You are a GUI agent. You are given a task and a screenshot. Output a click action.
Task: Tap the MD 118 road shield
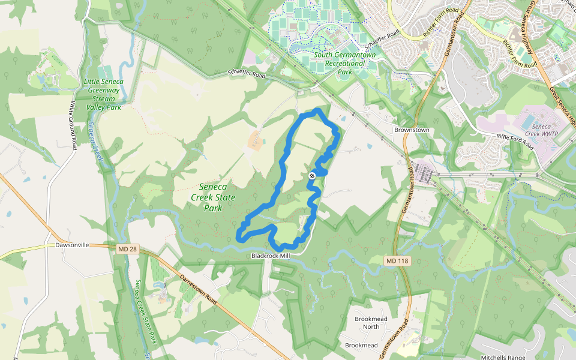tap(392, 260)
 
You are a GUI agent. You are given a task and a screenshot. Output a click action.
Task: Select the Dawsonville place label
tap(72, 245)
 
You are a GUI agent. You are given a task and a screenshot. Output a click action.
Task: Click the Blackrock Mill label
tap(271, 256)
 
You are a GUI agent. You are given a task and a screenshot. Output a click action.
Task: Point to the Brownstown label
tap(411, 130)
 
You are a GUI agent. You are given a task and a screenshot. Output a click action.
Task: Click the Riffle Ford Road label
tap(515, 141)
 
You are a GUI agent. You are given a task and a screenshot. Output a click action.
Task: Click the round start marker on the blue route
tap(312, 175)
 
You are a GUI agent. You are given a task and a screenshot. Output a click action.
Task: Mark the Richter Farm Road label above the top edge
tap(440, 24)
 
